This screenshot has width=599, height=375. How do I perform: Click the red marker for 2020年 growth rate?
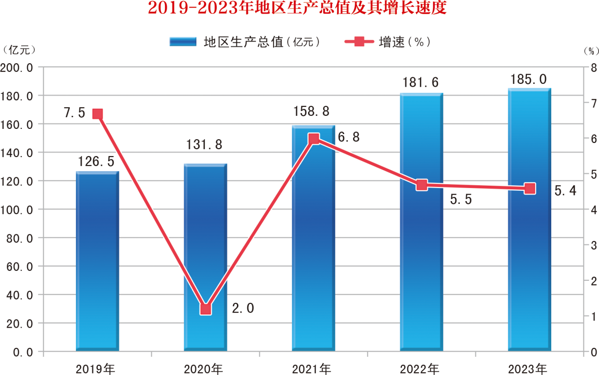point(206,309)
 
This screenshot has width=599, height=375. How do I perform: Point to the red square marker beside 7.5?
point(97,114)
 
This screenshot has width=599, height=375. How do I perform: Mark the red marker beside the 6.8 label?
point(314,139)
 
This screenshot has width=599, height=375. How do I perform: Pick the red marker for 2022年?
point(422,185)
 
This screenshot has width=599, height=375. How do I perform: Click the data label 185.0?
point(529,79)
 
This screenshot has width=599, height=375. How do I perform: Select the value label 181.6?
point(421,83)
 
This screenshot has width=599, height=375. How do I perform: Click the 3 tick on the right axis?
point(593,245)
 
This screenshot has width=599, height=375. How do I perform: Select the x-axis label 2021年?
point(311,369)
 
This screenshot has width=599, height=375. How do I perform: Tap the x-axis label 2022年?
point(420,369)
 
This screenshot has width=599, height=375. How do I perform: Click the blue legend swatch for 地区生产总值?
point(183,42)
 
